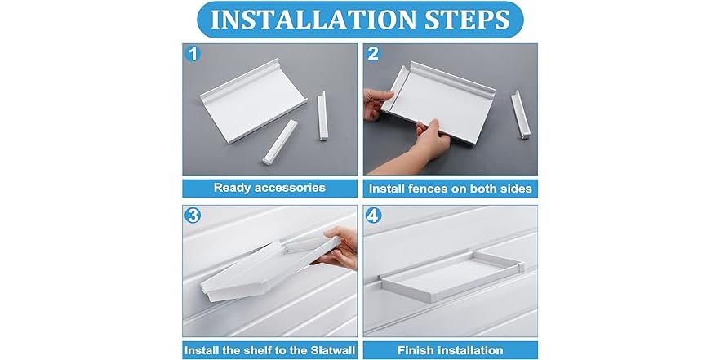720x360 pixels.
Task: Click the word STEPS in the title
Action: tap(464, 20)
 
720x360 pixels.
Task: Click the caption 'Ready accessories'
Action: tap(269, 188)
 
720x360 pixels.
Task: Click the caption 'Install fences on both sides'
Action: tap(450, 189)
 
